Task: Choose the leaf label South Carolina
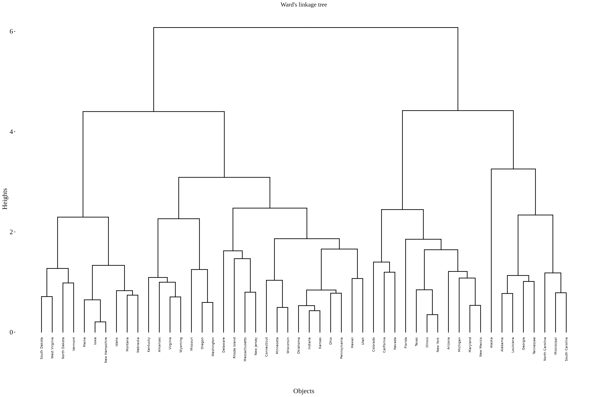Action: click(566, 349)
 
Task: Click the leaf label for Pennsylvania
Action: click(341, 348)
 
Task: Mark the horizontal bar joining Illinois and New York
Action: click(432, 315)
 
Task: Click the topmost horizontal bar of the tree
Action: click(306, 27)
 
